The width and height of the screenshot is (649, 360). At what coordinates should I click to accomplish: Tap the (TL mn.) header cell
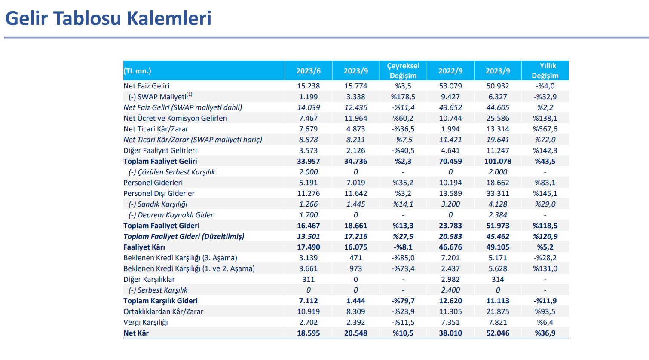point(138,71)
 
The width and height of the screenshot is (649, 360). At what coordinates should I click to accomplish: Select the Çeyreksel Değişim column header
point(403,70)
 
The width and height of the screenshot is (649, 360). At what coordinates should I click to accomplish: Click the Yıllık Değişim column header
point(545,70)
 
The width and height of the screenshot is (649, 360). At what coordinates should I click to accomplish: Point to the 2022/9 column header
point(450,71)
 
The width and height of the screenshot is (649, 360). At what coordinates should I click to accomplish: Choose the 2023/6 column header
point(308,71)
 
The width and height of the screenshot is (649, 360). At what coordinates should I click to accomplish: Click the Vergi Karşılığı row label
point(145,322)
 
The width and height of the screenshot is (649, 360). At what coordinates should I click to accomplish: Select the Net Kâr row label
point(136,333)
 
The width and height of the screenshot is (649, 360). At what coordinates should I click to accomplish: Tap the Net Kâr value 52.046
point(498,333)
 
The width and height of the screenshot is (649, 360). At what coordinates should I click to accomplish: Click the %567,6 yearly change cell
point(545,129)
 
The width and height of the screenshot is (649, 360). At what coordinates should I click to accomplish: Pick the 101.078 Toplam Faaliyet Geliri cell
point(498,162)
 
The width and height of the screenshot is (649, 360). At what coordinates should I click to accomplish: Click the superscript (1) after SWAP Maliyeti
point(189,95)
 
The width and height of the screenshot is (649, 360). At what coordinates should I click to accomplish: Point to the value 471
point(355,258)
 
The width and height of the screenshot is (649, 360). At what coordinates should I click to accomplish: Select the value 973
point(355,268)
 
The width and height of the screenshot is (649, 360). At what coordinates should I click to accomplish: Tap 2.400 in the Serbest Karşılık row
point(450,290)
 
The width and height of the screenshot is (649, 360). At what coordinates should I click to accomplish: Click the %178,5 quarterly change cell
point(403,97)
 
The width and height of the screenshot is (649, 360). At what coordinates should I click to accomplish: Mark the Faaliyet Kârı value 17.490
point(308,247)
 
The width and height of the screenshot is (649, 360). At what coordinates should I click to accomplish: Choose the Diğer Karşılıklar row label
point(149,280)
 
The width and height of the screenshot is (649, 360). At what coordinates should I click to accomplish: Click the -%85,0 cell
point(403,258)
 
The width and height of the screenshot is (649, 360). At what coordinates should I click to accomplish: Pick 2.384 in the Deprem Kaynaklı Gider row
point(498,215)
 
